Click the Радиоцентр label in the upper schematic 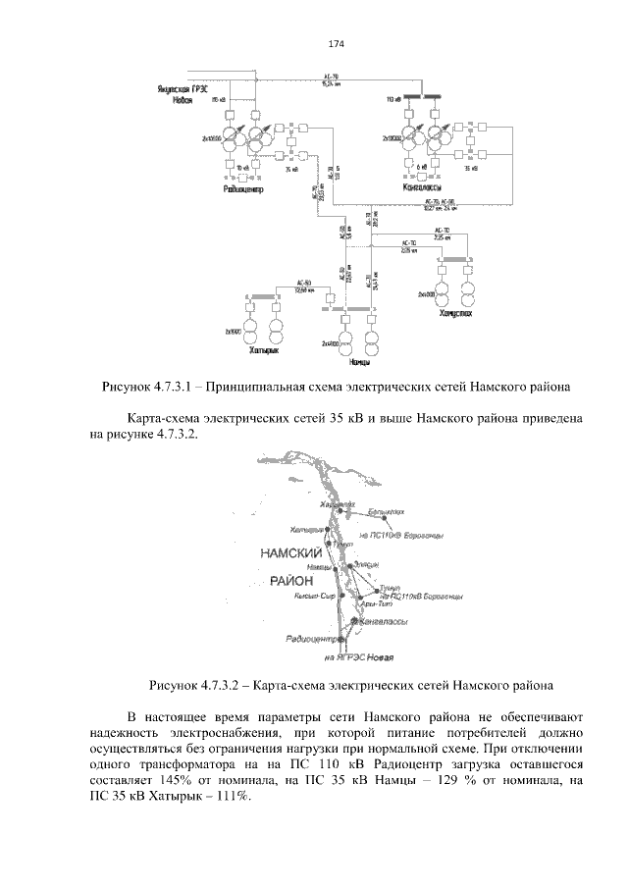[240, 187]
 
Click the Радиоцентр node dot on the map [341, 638]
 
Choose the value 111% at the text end [231, 797]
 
